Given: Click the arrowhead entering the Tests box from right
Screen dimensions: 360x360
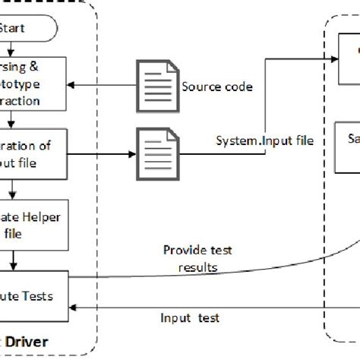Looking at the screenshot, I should point(73,305).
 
